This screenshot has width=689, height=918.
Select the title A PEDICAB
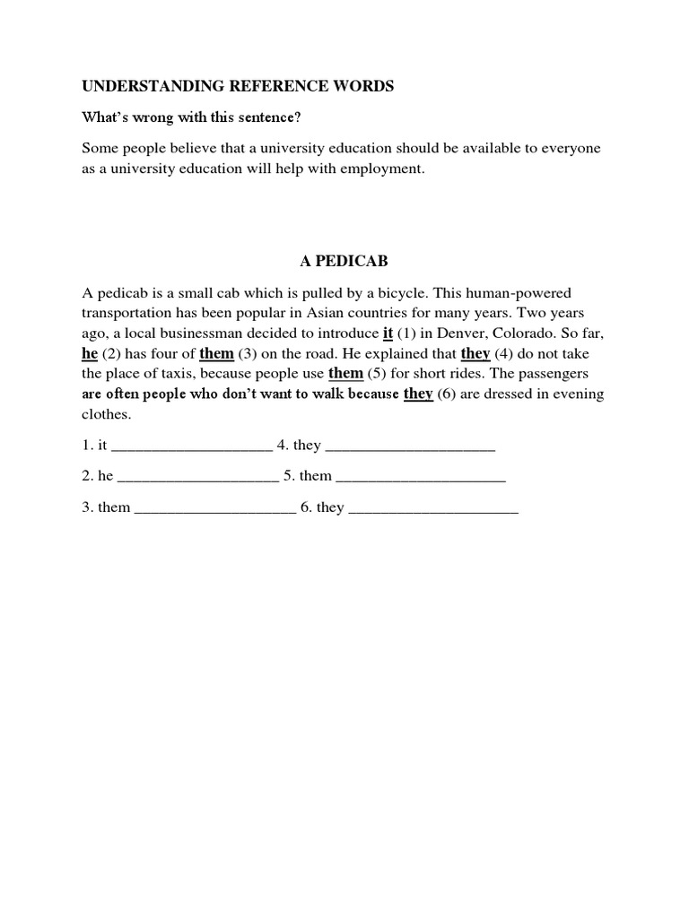click(344, 261)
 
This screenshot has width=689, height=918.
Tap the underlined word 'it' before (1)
click(388, 333)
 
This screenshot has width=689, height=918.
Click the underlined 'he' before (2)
click(90, 352)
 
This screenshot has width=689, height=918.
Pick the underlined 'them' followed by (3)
click(216, 352)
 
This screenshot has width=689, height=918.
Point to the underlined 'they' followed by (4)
click(475, 352)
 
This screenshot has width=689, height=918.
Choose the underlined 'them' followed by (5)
click(346, 373)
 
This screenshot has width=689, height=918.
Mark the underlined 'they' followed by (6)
click(418, 394)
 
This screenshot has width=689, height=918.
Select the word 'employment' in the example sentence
click(379, 168)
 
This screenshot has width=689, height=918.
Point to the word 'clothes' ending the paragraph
click(105, 414)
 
